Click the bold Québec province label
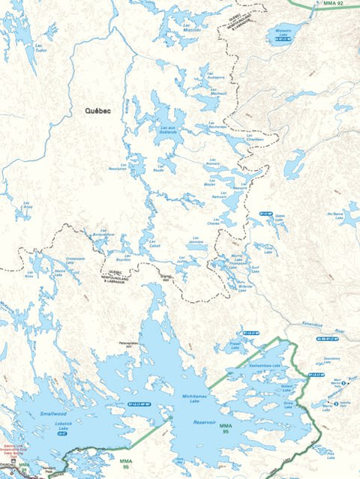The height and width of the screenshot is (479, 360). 97,110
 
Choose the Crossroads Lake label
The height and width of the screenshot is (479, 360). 76,259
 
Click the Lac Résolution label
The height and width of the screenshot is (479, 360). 118,168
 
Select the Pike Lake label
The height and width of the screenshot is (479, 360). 331,454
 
